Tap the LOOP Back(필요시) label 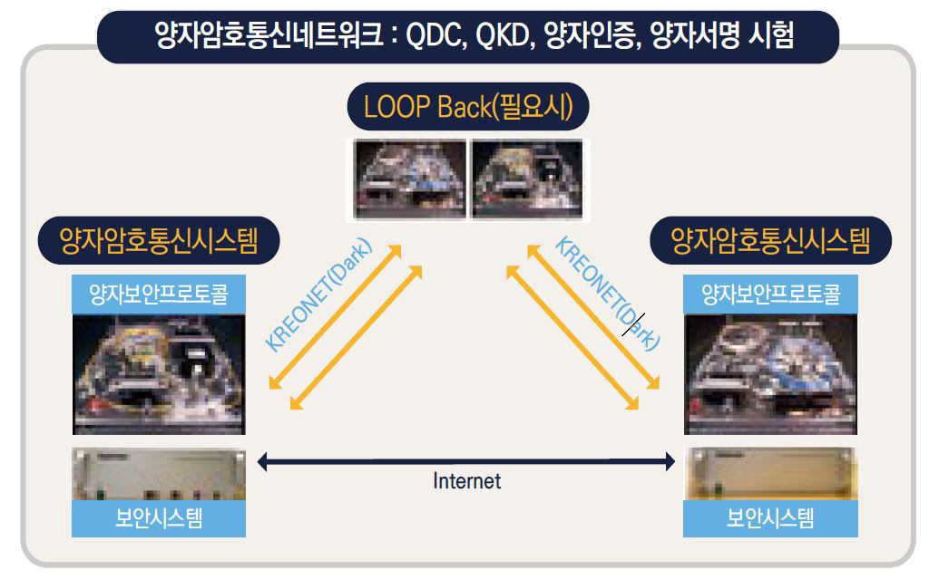tap(468, 106)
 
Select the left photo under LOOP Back tap(410, 179)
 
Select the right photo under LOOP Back tap(528, 179)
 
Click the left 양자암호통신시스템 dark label tap(159, 240)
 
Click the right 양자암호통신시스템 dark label tap(771, 240)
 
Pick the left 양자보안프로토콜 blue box tap(159, 295)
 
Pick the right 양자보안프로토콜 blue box tap(771, 295)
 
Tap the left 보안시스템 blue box tap(159, 518)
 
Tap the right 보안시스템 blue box tap(771, 518)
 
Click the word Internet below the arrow tap(467, 481)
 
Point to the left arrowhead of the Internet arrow tap(261, 461)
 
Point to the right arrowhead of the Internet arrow tap(670, 461)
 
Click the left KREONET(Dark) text tap(318, 295)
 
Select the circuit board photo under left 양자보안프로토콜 tap(159, 374)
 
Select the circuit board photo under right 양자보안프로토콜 tap(771, 374)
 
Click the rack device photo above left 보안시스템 tap(159, 474)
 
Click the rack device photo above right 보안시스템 tap(771, 474)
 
